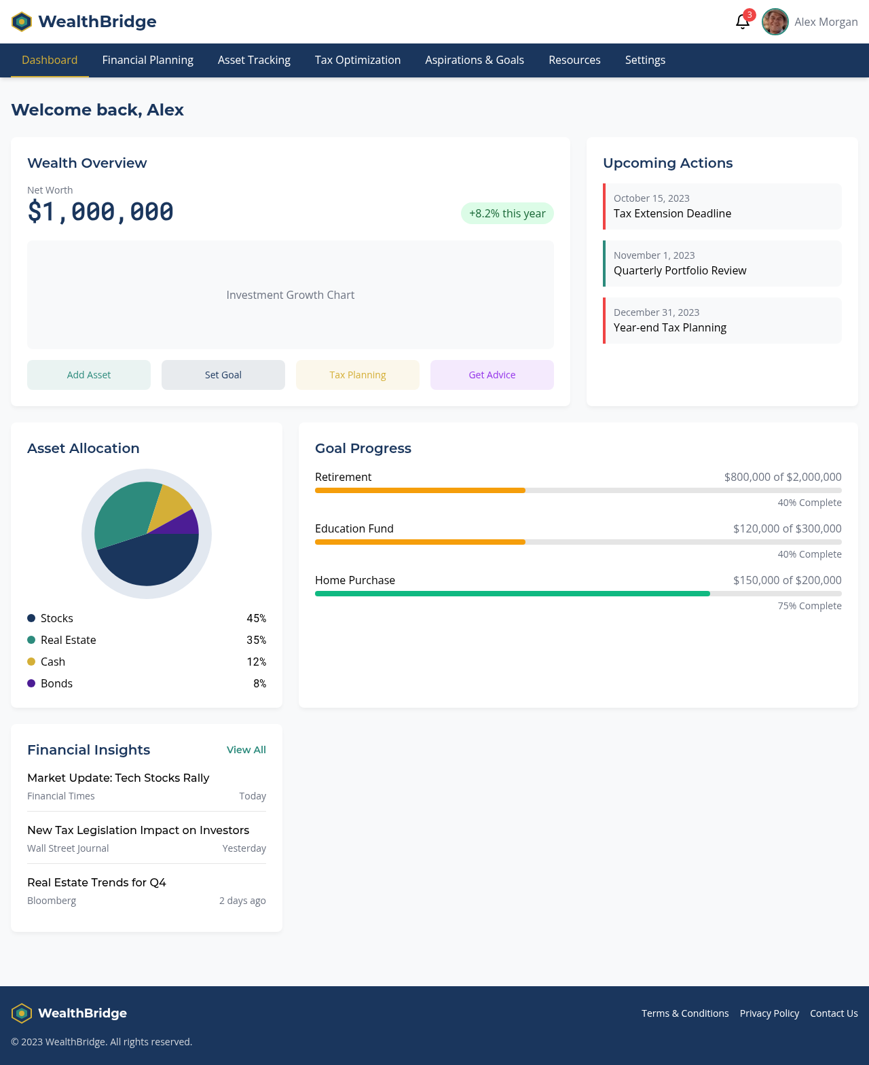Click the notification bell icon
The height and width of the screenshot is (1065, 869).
pos(742,22)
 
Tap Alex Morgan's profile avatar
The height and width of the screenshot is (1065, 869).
pos(775,22)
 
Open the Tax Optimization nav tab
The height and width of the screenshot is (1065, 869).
pos(358,60)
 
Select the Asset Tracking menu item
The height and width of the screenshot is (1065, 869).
pos(254,60)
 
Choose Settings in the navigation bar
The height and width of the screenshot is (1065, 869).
pos(645,60)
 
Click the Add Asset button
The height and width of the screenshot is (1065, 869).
pos(89,375)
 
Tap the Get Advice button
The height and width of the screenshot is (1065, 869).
pos(492,375)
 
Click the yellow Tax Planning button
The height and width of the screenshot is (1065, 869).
pos(358,375)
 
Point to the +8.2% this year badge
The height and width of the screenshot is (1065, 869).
pos(507,213)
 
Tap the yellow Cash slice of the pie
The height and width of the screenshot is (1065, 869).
pos(170,507)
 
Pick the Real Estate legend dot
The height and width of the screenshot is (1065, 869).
pos(31,640)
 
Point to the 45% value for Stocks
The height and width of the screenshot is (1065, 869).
pos(256,618)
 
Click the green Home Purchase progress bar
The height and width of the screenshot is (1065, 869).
pos(512,594)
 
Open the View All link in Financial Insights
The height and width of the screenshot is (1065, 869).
pos(246,750)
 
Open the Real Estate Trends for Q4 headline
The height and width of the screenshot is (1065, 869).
pos(96,882)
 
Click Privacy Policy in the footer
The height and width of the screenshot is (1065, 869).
pos(769,1013)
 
